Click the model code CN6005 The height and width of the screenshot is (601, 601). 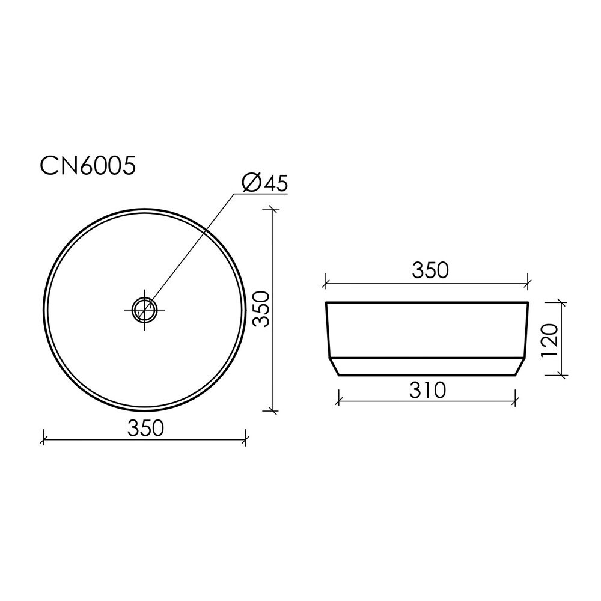(88, 166)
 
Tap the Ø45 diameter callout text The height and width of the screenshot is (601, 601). (264, 183)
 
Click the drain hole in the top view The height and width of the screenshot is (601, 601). (144, 310)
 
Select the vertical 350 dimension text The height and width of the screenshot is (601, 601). (262, 309)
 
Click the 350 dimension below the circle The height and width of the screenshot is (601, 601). (145, 428)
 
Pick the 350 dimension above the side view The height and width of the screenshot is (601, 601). (430, 270)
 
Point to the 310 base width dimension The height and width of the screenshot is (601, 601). (427, 390)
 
